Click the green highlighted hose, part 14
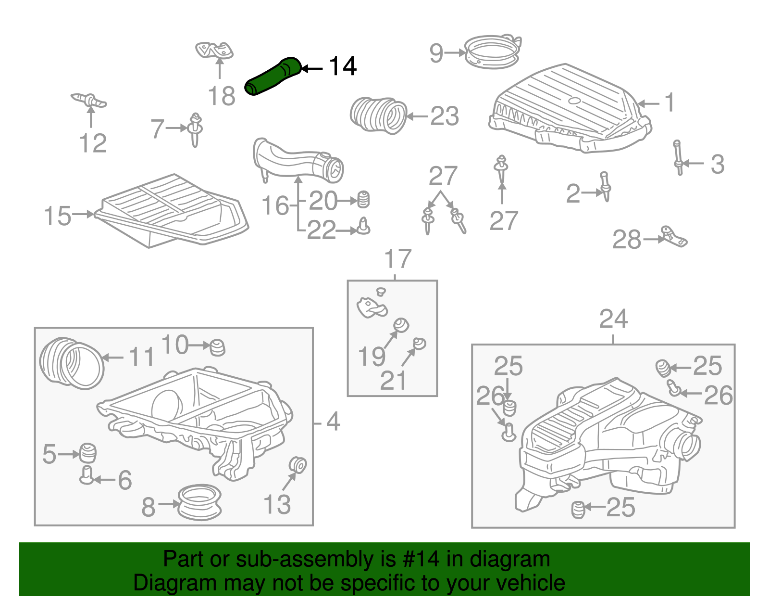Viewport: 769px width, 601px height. point(273,76)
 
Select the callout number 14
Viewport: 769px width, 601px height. point(343,66)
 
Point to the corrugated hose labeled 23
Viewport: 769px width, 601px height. point(378,115)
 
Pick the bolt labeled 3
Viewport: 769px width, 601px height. point(678,157)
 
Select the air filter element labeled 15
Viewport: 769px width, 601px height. point(171,211)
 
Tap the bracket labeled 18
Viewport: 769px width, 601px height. point(214,50)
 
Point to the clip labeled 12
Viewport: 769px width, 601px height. point(89,100)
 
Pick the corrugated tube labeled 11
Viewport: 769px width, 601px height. point(71,363)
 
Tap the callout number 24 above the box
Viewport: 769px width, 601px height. point(613,319)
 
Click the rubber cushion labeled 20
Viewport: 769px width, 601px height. point(364,199)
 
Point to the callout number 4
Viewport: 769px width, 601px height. point(333,422)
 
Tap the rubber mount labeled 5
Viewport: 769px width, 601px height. point(87,452)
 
